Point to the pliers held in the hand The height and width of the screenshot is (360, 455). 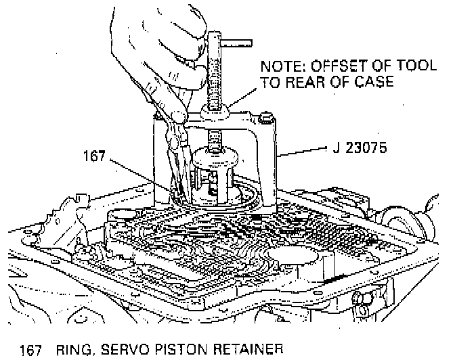pos(177,156)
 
